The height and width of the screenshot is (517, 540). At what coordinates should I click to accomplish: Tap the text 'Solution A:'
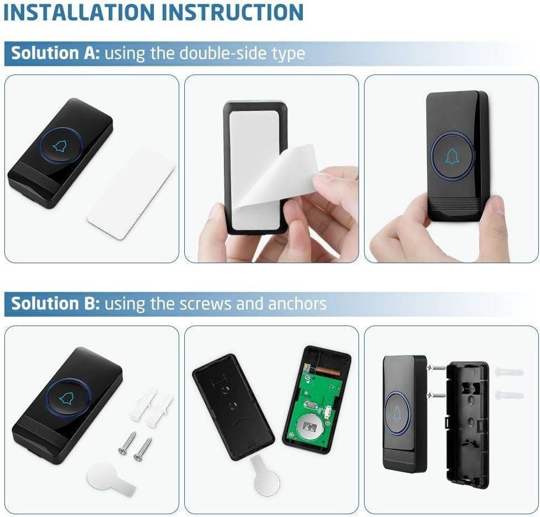tap(56, 53)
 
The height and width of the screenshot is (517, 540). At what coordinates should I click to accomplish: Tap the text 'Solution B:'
tap(56, 303)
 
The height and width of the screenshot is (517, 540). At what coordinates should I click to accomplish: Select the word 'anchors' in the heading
tap(297, 304)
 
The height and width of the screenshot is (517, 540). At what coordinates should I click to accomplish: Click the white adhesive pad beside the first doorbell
tap(131, 194)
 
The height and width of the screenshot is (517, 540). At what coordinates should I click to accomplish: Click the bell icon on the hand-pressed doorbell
tap(452, 156)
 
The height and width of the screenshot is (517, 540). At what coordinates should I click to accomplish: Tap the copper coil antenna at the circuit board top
tap(327, 371)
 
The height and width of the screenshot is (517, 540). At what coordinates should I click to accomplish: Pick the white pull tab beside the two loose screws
tap(110, 476)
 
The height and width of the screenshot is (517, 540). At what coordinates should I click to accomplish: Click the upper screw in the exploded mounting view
tap(437, 368)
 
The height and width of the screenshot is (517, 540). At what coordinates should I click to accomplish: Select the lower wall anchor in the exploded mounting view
tap(509, 395)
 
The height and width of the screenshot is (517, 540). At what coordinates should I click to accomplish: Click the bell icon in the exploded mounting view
tap(398, 413)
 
